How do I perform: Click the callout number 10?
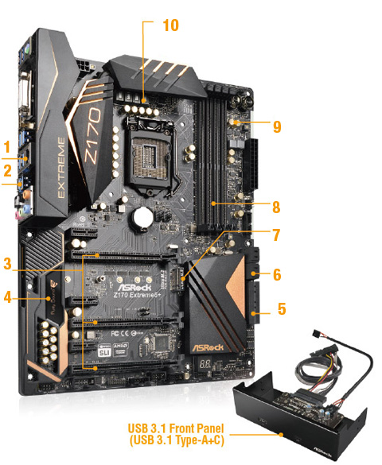pos(170,25)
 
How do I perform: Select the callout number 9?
pos(276,126)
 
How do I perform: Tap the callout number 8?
pos(276,207)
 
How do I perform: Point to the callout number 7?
pos(276,234)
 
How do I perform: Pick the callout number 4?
pos(8,298)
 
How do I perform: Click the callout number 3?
pos(8,262)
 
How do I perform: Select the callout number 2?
pos(7,170)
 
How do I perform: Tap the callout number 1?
pos(7,147)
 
